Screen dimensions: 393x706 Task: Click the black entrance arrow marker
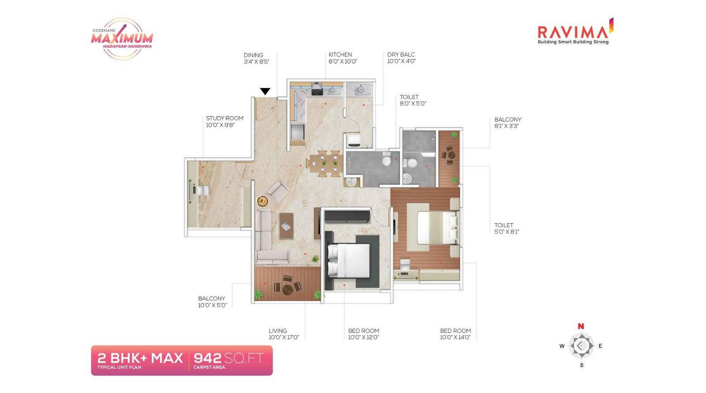click(x=265, y=92)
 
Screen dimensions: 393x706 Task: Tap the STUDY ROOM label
click(x=225, y=118)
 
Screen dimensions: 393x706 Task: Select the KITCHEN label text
click(x=340, y=55)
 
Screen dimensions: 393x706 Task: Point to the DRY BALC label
click(x=401, y=55)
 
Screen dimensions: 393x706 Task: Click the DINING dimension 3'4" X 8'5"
click(x=256, y=62)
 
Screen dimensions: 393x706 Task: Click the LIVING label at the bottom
click(x=278, y=331)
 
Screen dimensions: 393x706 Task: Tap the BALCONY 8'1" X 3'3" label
click(x=507, y=122)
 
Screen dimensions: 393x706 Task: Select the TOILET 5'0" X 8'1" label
click(x=506, y=228)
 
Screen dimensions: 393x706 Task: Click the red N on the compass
click(x=581, y=326)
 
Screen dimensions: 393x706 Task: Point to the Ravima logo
click(x=574, y=32)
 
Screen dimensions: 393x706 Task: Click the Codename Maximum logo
click(x=122, y=39)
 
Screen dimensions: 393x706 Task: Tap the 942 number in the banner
click(x=207, y=358)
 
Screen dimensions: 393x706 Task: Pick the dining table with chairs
click(x=324, y=164)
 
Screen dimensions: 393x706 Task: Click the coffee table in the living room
click(x=286, y=226)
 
